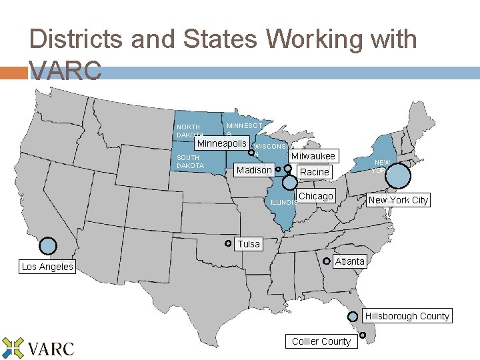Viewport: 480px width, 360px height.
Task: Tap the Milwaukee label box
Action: tap(312, 156)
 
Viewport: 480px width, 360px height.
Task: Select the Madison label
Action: tap(254, 170)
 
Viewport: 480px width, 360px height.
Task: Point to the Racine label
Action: tap(314, 171)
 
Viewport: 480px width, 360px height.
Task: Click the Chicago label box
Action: tap(315, 196)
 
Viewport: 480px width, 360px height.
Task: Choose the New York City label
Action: tap(398, 200)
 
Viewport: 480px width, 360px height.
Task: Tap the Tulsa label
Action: tap(249, 244)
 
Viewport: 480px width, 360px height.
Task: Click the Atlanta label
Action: tap(350, 261)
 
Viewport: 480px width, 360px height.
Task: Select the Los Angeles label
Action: tap(47, 267)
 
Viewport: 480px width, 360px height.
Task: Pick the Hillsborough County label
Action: tap(407, 316)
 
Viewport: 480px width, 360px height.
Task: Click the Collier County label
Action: tap(321, 341)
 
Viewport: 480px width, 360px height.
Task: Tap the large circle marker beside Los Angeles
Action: tap(48, 246)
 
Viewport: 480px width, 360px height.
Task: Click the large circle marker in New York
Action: tap(399, 176)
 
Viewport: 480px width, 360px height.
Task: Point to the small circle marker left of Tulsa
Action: tap(228, 243)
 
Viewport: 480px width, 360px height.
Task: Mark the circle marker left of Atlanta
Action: tap(327, 261)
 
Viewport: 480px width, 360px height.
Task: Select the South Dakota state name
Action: tap(190, 161)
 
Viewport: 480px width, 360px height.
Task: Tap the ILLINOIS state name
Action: tap(283, 203)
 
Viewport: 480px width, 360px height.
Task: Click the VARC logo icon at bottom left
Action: tap(13, 348)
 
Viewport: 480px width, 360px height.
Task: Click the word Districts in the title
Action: tap(75, 39)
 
